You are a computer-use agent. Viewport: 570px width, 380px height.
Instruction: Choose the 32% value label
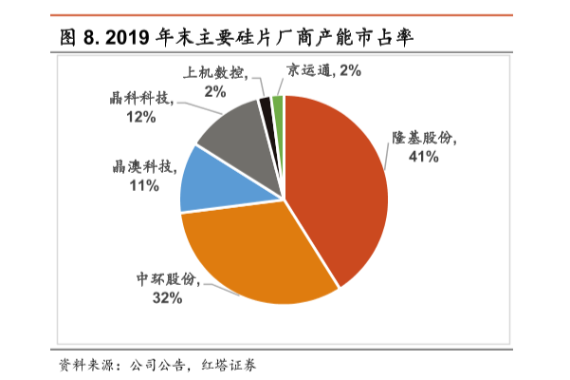click(167, 297)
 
